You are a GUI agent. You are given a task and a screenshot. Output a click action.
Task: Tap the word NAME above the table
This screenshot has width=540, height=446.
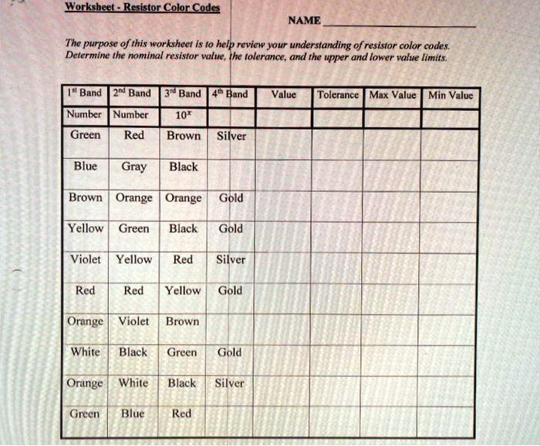point(304,21)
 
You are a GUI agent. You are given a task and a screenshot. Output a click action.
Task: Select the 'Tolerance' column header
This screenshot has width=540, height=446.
point(338,95)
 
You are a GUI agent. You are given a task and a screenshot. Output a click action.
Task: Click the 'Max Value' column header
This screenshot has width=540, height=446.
point(393,95)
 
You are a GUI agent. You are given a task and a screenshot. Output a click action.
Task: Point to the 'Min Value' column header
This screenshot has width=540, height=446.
point(451,95)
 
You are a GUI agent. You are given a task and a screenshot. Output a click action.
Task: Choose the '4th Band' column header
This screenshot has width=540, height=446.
point(230,94)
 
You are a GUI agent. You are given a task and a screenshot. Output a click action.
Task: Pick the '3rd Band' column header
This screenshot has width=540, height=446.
point(183,94)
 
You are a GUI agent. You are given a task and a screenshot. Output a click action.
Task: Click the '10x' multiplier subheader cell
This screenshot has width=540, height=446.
point(183,115)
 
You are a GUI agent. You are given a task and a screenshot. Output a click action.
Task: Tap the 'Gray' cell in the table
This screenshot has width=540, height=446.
point(133,167)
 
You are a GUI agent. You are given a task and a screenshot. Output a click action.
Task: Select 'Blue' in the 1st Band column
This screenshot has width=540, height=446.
point(85,166)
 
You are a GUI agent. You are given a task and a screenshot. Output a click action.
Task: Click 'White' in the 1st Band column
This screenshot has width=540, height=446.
point(85,352)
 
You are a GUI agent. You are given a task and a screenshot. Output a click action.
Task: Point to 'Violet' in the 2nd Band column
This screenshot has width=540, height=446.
point(133,321)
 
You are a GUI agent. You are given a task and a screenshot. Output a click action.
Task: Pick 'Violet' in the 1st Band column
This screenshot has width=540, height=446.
point(85,259)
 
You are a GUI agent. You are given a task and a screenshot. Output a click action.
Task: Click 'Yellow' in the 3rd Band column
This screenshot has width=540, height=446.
point(183,290)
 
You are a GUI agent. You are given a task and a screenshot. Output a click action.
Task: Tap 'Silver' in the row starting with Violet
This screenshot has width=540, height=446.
point(230,259)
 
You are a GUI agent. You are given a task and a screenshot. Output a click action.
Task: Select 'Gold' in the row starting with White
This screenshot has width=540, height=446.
point(230,352)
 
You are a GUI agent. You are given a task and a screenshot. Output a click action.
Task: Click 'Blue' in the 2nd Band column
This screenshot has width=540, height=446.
point(133,414)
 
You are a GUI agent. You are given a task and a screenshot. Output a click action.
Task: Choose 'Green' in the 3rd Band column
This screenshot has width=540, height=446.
point(182,352)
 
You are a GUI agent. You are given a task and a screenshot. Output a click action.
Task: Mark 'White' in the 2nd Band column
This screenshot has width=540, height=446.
point(133,383)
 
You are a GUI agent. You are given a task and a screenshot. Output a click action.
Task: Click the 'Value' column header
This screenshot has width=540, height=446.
point(284,95)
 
